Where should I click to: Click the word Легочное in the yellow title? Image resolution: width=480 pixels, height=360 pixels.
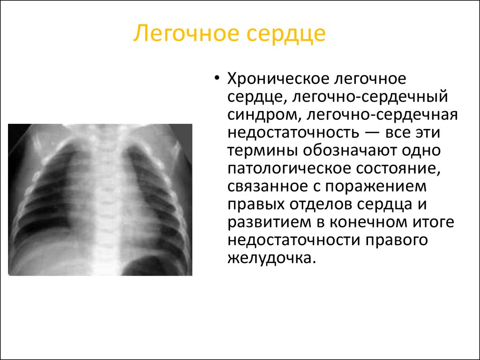coord(186,33)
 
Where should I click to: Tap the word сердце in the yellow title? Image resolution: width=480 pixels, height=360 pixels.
coord(286,34)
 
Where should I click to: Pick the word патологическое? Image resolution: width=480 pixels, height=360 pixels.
coord(286,169)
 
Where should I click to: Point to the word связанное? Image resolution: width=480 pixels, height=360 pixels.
coord(267,187)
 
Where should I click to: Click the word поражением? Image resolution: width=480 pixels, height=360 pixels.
coord(375,187)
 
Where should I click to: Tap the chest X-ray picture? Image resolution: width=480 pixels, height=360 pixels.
coord(100,200)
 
